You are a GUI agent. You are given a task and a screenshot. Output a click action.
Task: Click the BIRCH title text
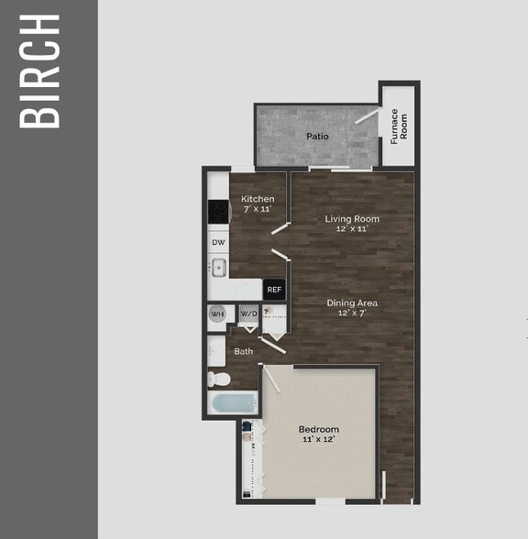41,71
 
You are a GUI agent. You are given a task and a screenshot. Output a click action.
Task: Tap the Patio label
317,137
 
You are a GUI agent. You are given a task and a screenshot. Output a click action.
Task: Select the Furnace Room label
400,126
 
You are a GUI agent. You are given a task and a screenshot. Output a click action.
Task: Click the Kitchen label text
258,199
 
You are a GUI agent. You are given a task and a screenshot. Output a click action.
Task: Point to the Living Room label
352,219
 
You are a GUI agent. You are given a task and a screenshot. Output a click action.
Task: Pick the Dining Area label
353,302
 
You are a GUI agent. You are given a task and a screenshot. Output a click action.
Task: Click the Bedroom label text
319,429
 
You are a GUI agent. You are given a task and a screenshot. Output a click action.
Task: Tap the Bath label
244,351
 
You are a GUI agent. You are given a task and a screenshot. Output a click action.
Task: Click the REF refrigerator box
274,290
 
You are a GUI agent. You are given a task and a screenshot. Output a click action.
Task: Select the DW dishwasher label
218,242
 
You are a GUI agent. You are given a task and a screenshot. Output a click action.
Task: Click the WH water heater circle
218,314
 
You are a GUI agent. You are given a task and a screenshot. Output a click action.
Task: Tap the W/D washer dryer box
248,314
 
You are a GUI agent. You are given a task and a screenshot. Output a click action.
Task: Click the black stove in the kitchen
218,212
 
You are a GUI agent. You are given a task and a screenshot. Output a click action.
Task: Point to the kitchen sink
218,269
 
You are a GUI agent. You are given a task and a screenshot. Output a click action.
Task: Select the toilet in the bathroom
217,378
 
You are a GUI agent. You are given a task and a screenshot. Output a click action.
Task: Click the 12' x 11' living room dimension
352,229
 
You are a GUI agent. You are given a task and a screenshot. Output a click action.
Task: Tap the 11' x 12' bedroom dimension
319,440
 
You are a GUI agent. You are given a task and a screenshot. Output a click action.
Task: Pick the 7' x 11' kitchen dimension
258,210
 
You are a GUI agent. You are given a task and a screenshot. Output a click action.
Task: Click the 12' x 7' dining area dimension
353,313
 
